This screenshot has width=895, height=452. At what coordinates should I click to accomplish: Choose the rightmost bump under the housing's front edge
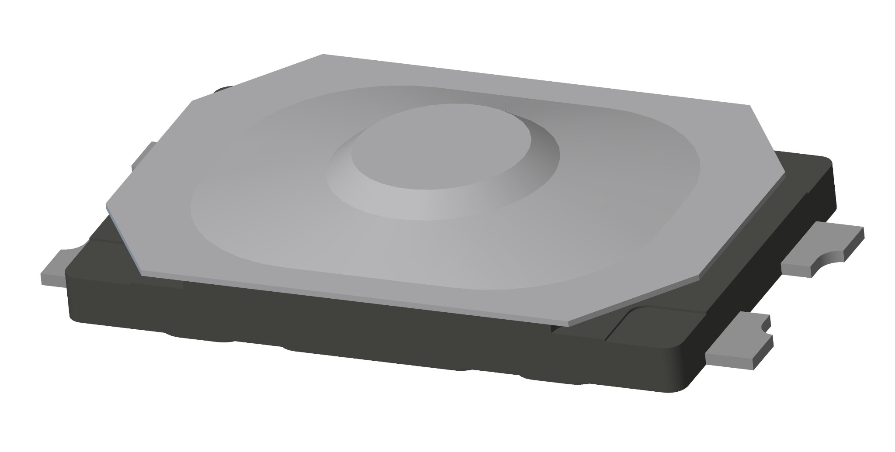(555, 380)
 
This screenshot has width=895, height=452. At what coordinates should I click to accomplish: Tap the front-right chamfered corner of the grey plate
(634, 301)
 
